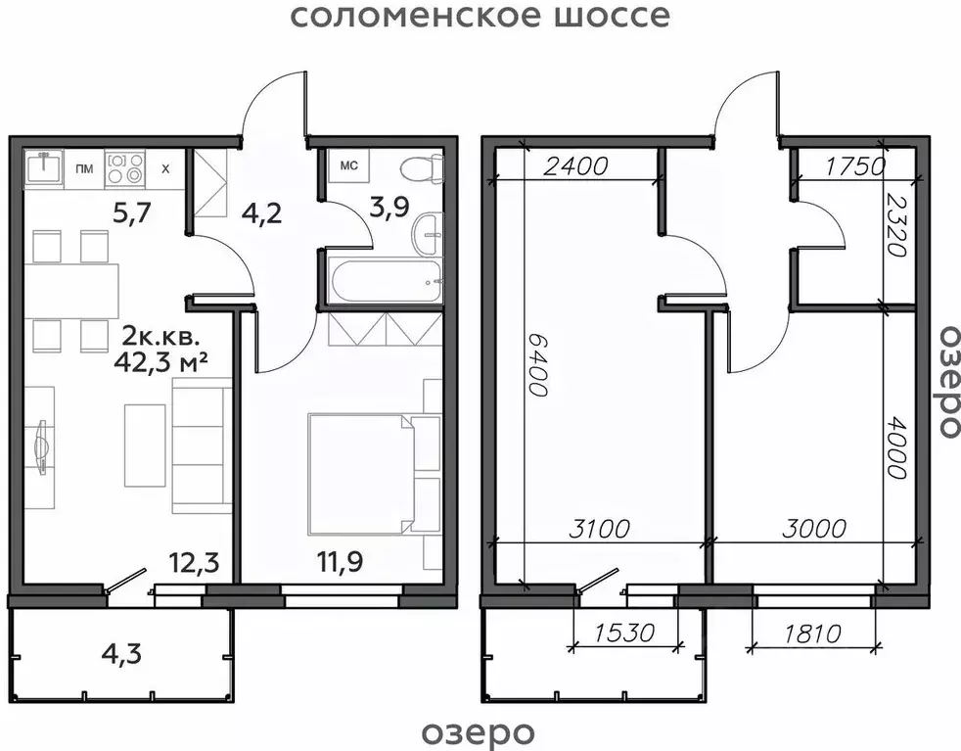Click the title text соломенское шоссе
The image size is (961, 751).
pos(480,17)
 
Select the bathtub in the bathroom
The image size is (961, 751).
pos(383,281)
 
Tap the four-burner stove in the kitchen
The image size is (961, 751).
pos(125,167)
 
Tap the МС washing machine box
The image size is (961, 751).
pos(348,165)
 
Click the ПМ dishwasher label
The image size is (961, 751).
pos(85,168)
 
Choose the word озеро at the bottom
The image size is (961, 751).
pos(480,731)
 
